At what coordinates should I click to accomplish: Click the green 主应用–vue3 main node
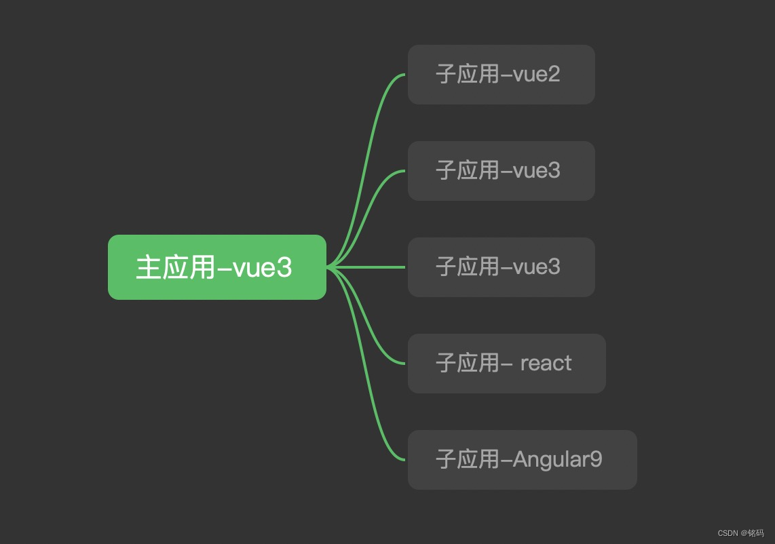click(217, 267)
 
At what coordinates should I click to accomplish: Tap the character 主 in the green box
click(148, 267)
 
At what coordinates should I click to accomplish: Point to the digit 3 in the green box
click(284, 268)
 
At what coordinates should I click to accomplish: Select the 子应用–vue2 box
click(502, 75)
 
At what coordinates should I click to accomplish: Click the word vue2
click(536, 75)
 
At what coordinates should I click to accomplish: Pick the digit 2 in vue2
click(554, 75)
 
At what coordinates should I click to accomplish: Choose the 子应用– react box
click(507, 364)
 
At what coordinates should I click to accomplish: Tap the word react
click(546, 364)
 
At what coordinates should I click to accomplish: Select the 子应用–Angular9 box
click(523, 460)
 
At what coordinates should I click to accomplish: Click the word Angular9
click(558, 459)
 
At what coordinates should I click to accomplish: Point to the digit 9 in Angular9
click(596, 459)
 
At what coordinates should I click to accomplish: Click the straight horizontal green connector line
click(366, 267)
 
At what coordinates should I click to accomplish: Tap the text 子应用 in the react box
click(468, 364)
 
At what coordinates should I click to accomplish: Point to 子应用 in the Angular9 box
click(468, 460)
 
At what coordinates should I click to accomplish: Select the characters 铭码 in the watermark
click(756, 533)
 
